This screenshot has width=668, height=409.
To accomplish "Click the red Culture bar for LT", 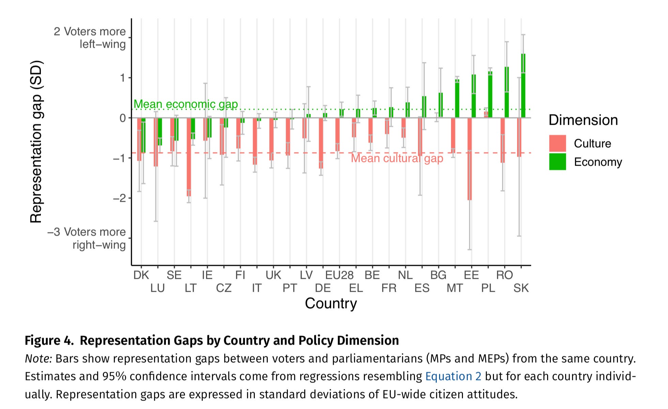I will pos(189,157).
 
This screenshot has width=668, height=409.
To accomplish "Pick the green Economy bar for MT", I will pos(457,99).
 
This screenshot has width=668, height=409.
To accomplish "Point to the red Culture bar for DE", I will pos(321,143).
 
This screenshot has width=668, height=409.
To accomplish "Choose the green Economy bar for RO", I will pos(507,92).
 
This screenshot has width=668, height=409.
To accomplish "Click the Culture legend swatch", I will pos(557,143).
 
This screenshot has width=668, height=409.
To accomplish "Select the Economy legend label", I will pos(598,162).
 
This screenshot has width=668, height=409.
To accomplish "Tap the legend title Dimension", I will pos(583,120).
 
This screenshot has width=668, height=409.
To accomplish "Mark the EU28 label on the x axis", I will pos(339,275).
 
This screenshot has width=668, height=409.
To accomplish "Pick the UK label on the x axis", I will pos(273,275).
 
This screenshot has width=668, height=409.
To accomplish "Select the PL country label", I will pos(488,288).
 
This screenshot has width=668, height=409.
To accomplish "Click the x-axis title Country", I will pos(331,303).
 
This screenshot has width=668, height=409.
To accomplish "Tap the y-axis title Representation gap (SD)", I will pos(36,142).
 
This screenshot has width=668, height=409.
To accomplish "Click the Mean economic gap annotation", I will pos(186,104).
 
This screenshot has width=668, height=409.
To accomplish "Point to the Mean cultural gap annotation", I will pos(397,158).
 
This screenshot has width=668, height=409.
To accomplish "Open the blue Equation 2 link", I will pos(453,376).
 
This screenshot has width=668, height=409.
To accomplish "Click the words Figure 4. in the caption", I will pos(49,340).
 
